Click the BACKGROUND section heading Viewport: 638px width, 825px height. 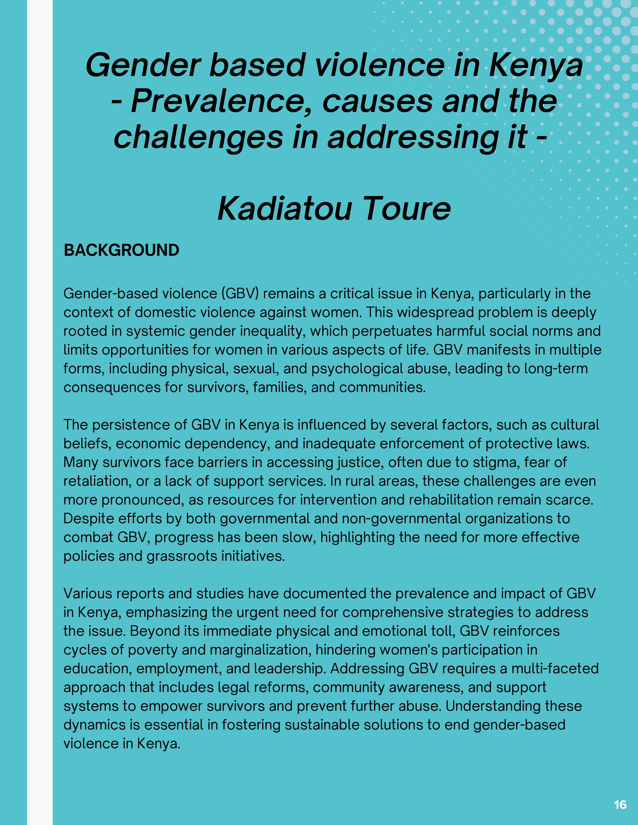[x=121, y=250]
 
